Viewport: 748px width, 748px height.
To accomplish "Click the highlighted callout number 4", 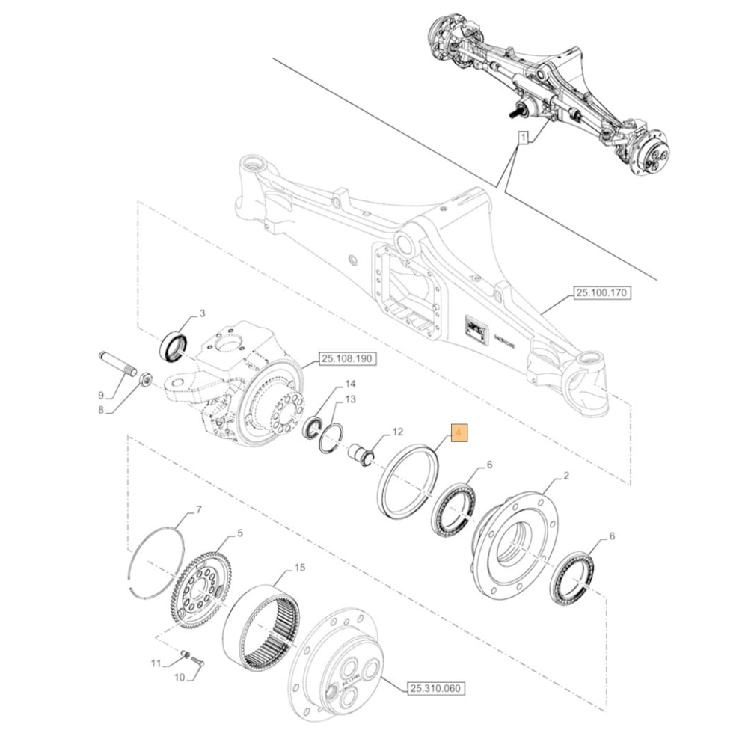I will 457,433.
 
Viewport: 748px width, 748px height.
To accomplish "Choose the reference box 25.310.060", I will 436,688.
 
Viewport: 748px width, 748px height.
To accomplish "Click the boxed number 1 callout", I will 524,138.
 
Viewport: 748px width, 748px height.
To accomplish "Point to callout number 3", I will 201,313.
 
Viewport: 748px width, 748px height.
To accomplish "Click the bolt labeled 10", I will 196,661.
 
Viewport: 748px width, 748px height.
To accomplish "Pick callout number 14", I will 350,384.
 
